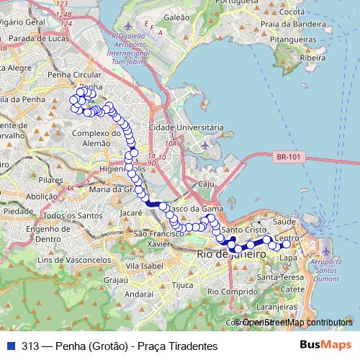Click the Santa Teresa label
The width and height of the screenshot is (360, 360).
(274, 276)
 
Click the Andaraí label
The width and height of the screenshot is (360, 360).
(139, 294)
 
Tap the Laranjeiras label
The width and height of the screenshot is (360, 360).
(271, 305)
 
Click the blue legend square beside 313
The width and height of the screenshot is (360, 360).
(10, 346)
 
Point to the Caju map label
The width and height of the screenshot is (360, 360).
(207, 184)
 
